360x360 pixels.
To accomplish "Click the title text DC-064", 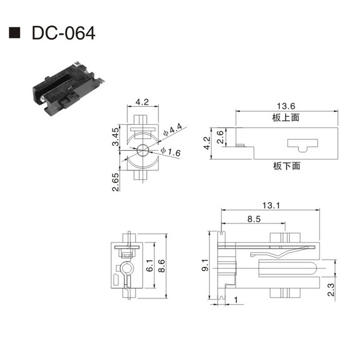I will pyautogui.click(x=63, y=33).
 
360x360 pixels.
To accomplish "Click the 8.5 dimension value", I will pyautogui.click(x=254, y=219).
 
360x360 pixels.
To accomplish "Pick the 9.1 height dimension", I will pyautogui.click(x=205, y=265).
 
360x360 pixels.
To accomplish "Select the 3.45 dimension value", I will pyautogui.click(x=115, y=138).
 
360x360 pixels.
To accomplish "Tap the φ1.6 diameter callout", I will pyautogui.click(x=170, y=152).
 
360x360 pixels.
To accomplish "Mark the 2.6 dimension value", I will pyautogui.click(x=220, y=136).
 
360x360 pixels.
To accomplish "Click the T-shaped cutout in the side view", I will pyautogui.click(x=302, y=144).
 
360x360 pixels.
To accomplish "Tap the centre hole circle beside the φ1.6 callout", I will pyautogui.click(x=142, y=150).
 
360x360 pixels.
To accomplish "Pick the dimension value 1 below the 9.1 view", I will pyautogui.click(x=236, y=300).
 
